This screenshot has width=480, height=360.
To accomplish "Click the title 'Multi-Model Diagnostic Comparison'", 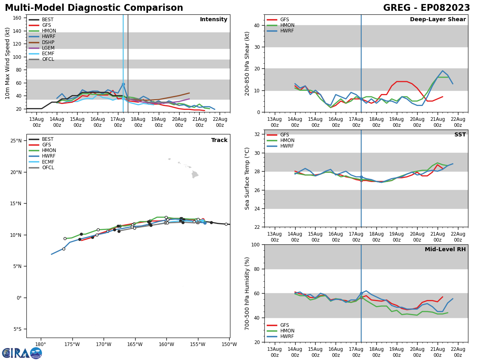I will tap(94, 8).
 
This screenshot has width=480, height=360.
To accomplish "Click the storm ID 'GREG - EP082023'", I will tap(426, 8).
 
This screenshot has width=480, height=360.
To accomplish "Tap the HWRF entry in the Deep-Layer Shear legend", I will tap(287, 31).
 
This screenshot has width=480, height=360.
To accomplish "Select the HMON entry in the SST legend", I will tap(287, 140).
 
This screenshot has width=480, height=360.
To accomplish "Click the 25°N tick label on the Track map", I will tap(16, 141).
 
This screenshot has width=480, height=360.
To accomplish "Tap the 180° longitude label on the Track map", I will tap(40, 344).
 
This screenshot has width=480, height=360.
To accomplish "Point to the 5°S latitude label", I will tap(17, 329).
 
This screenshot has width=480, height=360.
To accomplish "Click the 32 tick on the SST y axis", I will tap(258, 134).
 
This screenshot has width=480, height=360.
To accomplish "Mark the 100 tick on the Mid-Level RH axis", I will tap(256, 245).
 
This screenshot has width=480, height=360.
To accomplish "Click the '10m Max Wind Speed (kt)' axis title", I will tap(8, 63).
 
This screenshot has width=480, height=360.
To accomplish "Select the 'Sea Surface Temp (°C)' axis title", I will tap(247, 178).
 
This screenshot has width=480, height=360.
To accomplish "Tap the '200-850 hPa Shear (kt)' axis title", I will tap(247, 63).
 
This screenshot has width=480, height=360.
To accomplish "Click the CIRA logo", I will tap(22, 353).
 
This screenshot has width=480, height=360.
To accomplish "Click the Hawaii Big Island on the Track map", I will tap(195, 174).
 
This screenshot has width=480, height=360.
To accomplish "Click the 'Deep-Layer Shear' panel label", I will tap(438, 20).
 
